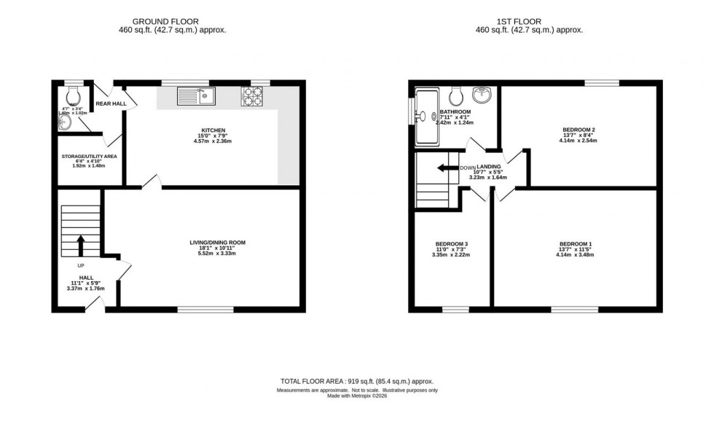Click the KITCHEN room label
(208, 131)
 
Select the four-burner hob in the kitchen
(252, 95)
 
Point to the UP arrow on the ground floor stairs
(81, 244)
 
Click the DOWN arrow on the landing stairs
(442, 168)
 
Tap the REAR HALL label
(111, 103)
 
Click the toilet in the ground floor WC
(73, 96)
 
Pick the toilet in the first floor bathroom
(458, 95)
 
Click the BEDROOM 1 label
(576, 243)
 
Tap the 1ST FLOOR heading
(530, 21)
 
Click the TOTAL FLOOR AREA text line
(357, 381)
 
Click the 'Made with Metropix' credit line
(357, 396)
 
